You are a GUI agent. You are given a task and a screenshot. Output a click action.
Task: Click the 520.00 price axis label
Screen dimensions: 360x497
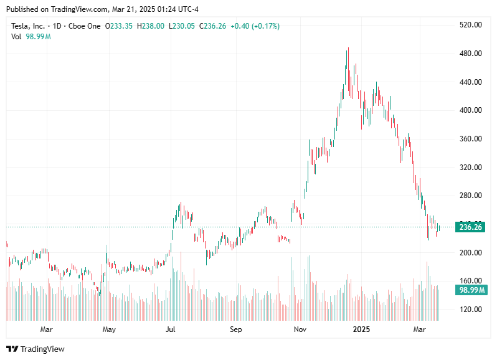tap(471, 25)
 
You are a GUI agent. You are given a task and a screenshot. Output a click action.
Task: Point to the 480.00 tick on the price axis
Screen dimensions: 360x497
tap(471, 54)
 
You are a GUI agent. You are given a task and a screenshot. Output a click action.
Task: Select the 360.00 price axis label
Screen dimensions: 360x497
tap(471, 139)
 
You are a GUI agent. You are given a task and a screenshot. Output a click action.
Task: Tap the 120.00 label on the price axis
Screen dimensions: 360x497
tap(471, 310)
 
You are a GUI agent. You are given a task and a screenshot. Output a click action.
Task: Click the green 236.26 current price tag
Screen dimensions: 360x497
tap(471, 227)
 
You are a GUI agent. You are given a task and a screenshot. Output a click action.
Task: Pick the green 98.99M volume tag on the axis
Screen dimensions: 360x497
tap(471, 290)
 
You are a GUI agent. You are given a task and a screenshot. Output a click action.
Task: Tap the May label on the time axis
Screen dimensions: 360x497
tap(108, 328)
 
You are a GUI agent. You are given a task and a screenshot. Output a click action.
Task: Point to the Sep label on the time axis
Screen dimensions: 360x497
tap(235, 328)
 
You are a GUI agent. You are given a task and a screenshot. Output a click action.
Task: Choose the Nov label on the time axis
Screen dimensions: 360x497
tap(300, 328)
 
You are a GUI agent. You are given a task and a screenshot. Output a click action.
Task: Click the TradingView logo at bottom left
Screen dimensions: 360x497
tap(35, 349)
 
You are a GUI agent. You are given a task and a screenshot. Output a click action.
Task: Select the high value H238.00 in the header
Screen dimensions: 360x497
tap(151, 26)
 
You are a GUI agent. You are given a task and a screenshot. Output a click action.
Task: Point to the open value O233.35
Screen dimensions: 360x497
tap(120, 26)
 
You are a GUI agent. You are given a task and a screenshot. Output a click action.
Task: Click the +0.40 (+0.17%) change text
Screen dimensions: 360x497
tap(255, 26)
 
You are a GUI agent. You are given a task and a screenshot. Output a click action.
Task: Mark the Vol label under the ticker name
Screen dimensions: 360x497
tap(17, 37)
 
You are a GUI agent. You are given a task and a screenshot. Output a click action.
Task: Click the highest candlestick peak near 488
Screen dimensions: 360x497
tap(348, 49)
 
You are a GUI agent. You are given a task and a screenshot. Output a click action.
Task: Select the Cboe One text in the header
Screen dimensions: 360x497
tap(85, 26)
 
